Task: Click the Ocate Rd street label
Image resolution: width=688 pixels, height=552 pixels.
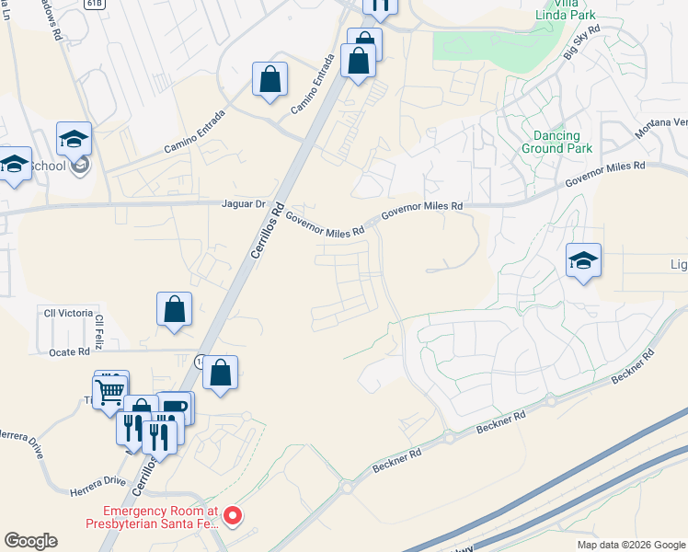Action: click(x=71, y=351)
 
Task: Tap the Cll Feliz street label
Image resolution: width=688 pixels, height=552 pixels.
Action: click(x=99, y=332)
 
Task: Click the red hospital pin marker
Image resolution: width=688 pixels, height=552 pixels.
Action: click(x=234, y=516)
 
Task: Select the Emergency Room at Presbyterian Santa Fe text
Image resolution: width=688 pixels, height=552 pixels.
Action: click(x=161, y=517)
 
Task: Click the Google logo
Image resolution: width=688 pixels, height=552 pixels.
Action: click(x=30, y=541)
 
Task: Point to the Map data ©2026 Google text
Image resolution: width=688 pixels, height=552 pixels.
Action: click(x=630, y=545)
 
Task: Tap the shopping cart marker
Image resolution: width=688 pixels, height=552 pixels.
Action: click(x=110, y=390)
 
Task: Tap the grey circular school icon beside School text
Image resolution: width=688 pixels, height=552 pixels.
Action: click(x=80, y=166)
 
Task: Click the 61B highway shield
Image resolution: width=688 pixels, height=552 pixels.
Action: click(x=93, y=4)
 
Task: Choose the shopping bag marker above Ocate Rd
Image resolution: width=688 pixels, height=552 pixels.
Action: click(x=174, y=310)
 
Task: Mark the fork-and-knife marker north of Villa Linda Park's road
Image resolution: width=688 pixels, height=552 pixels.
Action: click(x=380, y=6)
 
